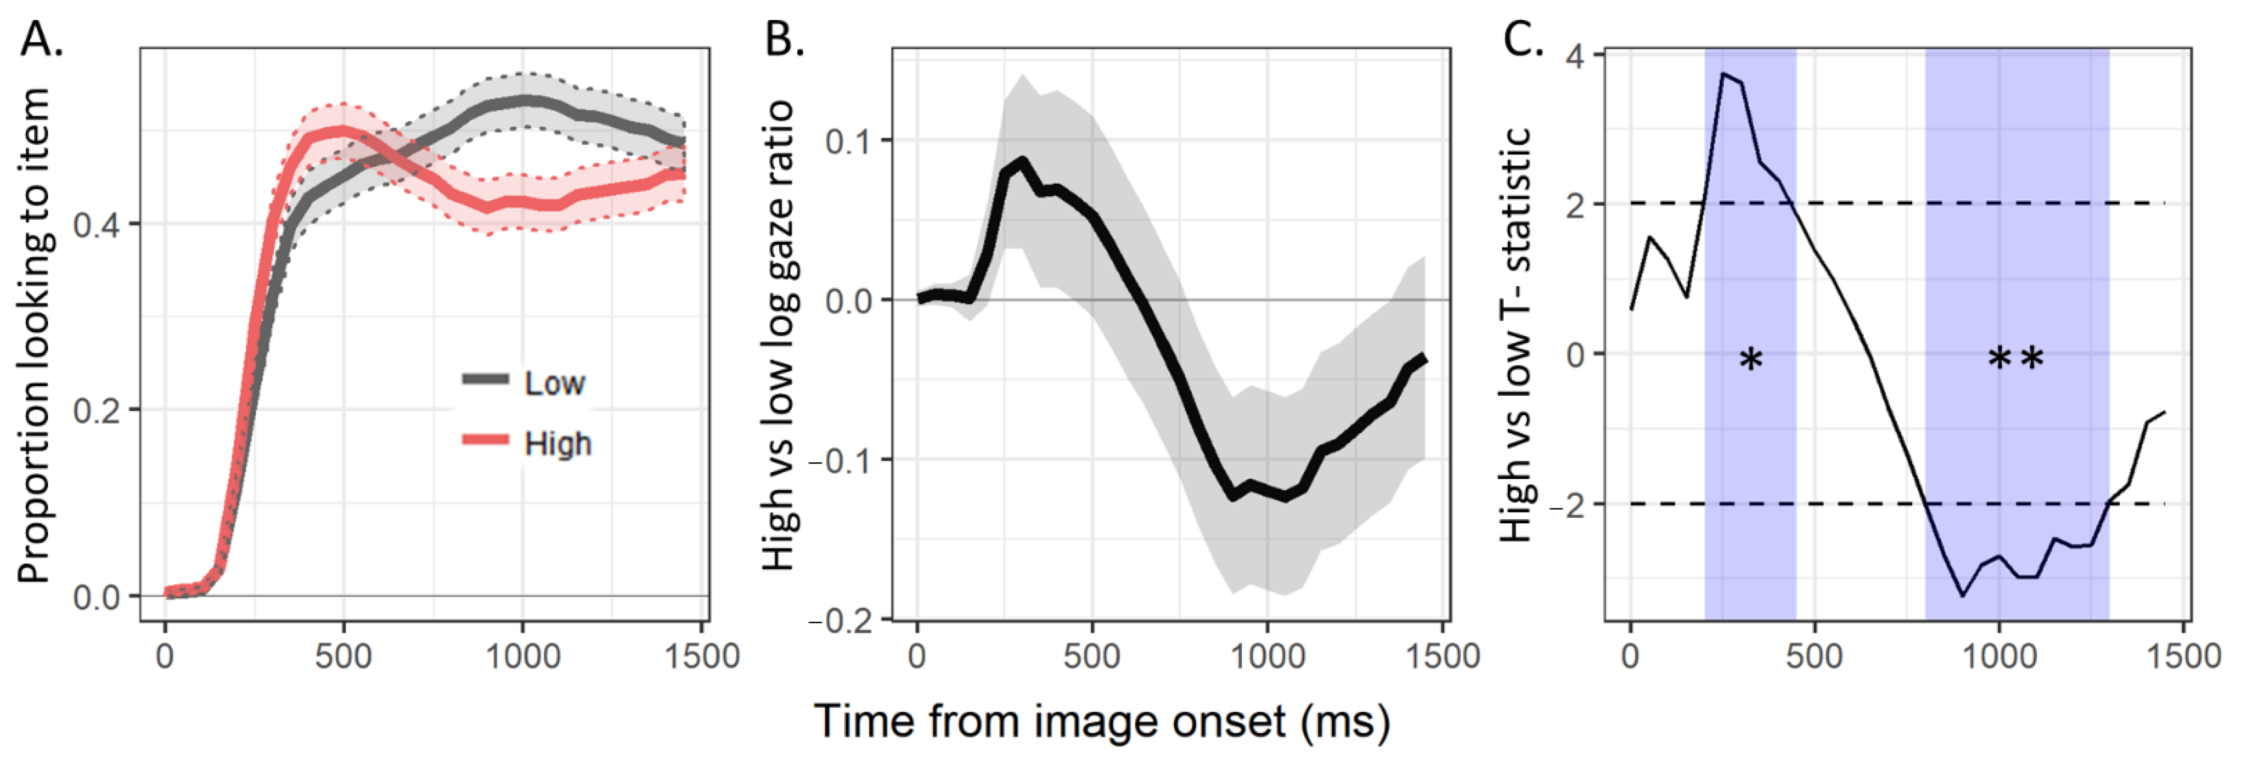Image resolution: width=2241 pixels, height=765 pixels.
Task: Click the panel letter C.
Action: [1523, 39]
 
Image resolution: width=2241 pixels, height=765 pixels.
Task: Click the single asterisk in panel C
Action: [1750, 358]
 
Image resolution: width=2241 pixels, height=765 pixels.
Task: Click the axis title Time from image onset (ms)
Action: [1102, 721]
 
